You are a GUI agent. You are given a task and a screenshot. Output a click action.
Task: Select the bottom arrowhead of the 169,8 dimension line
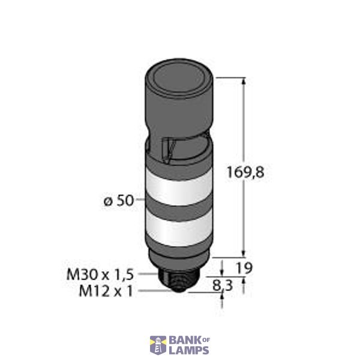(244, 253)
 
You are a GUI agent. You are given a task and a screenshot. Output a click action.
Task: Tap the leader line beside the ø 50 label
(139, 202)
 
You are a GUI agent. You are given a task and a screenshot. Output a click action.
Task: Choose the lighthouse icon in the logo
(158, 344)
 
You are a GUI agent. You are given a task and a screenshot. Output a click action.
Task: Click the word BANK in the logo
(182, 340)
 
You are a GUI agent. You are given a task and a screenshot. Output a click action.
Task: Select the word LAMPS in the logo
(188, 350)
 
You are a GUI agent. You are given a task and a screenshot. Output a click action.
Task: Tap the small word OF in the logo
(205, 340)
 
